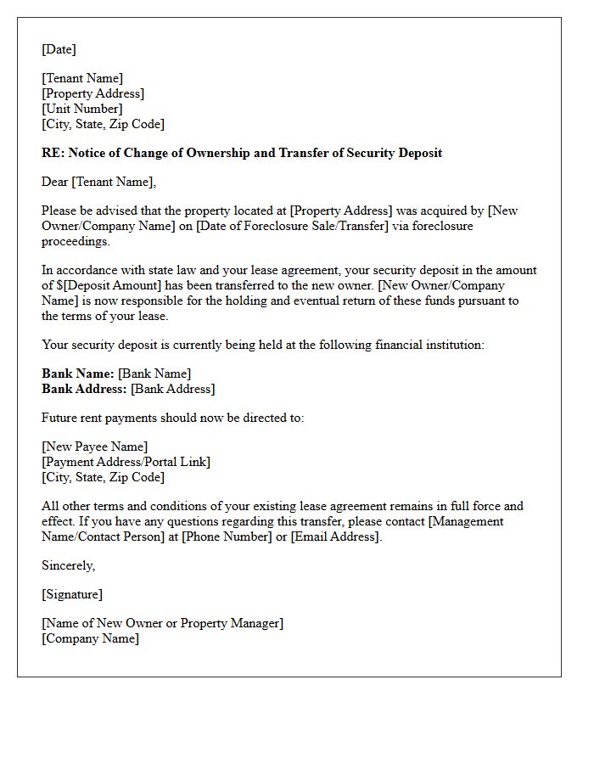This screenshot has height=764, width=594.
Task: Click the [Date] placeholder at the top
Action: coord(59,49)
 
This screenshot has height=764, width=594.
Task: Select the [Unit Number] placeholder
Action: coord(82,109)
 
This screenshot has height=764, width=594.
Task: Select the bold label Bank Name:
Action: coord(78,374)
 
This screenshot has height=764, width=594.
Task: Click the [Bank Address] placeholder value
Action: coord(173,389)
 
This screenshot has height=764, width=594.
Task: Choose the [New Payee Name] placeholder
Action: coord(94,447)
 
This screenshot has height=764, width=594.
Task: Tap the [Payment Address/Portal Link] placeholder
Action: coord(126,462)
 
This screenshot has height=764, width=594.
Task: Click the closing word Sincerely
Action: coord(68,565)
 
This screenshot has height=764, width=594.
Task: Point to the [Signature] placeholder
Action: coord(72,594)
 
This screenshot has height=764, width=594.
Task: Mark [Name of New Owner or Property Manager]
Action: coord(162,623)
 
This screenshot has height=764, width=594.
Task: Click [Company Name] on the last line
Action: coord(90,638)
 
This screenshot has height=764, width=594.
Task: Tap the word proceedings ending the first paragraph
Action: coord(76,241)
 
